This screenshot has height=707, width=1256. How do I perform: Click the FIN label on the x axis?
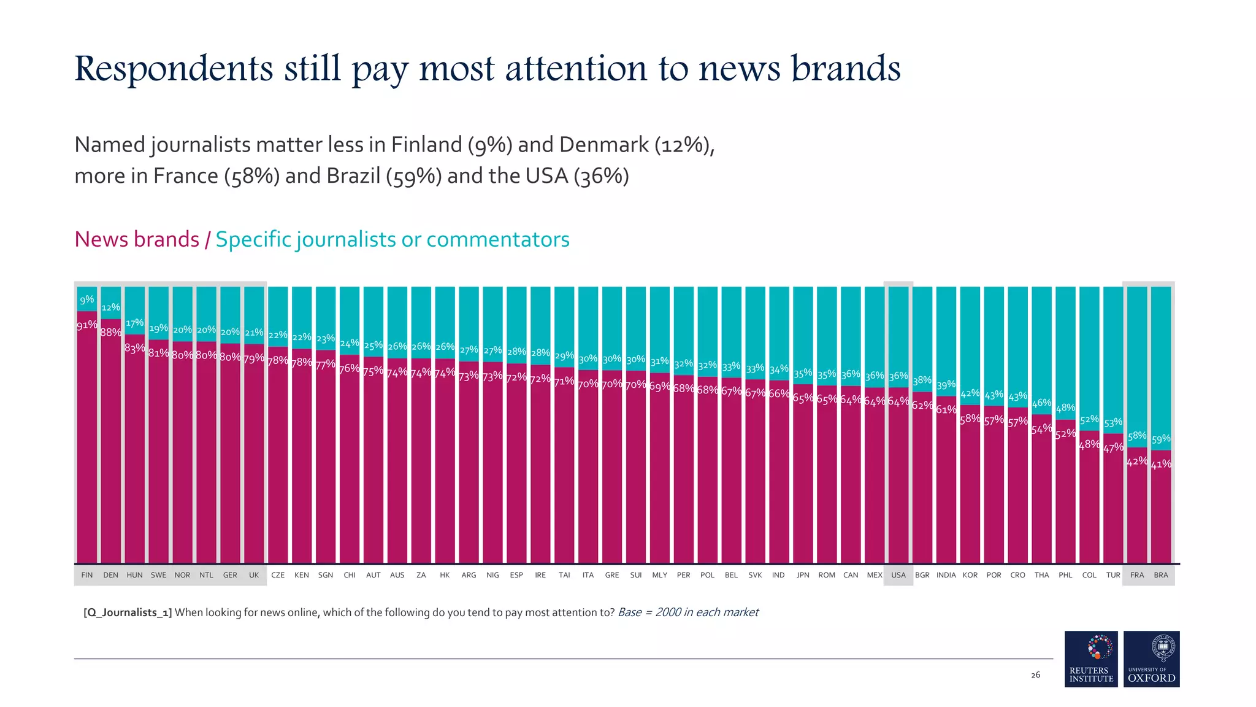click(87, 575)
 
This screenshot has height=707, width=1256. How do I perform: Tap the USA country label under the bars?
click(898, 575)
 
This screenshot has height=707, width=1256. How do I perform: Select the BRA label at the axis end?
click(1160, 575)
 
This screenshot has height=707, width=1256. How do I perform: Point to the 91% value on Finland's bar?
click(86, 325)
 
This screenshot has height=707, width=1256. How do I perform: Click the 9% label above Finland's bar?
click(87, 299)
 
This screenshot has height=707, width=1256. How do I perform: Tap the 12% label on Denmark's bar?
click(111, 307)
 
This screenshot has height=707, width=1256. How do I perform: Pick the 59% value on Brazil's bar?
click(1161, 439)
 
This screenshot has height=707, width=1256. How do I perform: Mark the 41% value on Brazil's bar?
click(1160, 465)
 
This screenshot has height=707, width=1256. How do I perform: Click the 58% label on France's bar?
click(1137, 436)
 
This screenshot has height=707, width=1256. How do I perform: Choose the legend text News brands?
click(137, 239)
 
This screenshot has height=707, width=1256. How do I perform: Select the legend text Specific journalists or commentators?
click(392, 239)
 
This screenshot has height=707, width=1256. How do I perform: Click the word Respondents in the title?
click(174, 69)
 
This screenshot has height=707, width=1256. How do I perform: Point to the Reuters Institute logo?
click(1091, 659)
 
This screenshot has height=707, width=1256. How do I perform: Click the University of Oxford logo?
click(1151, 659)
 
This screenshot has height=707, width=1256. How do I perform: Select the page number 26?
click(1035, 675)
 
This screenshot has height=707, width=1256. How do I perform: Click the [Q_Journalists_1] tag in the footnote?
click(128, 612)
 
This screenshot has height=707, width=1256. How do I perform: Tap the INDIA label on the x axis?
click(946, 575)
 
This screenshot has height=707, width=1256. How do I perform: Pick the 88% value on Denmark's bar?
click(111, 333)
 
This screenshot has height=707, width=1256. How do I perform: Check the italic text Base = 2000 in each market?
click(687, 612)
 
